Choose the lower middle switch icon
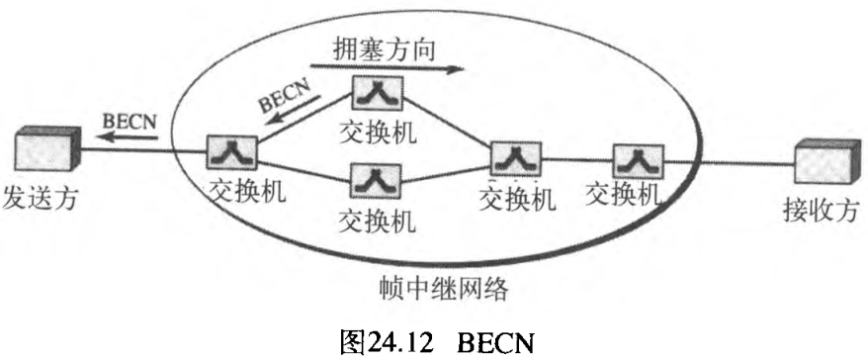coord(376,181)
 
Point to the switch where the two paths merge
coord(517,158)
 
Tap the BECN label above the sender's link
coord(126,121)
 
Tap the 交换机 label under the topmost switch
coord(377,131)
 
